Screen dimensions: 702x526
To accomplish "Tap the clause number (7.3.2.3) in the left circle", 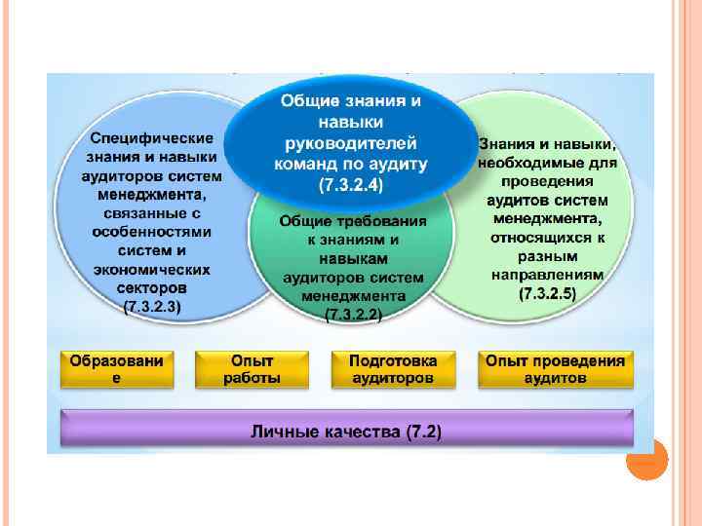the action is click(153, 305).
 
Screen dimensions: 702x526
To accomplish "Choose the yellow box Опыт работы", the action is click(252, 367).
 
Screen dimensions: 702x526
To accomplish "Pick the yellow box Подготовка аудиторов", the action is click(392, 367).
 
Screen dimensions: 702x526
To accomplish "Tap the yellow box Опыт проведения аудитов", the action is click(555, 367).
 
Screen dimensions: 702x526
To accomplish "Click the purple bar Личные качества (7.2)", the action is click(347, 431).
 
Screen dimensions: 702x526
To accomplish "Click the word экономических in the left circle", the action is click(153, 271).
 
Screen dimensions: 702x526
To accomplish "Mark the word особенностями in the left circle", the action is click(153, 234).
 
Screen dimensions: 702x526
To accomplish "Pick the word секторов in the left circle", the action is click(153, 288).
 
